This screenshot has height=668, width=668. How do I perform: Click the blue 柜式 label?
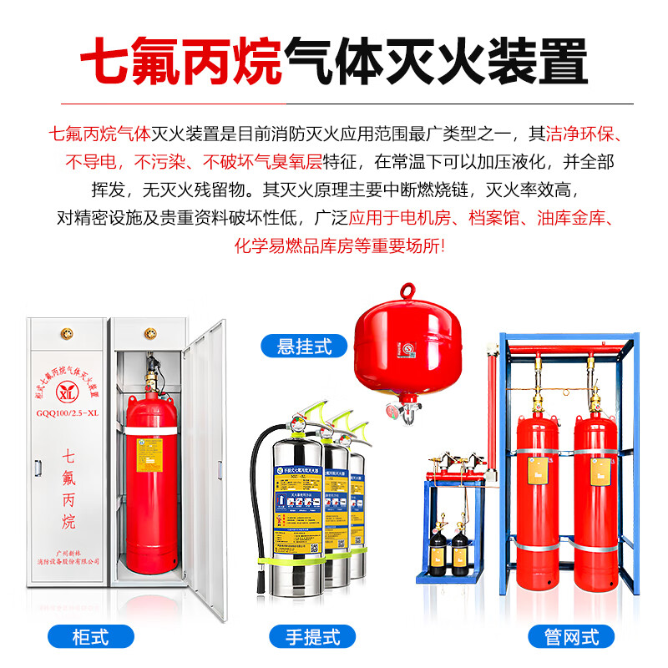89,637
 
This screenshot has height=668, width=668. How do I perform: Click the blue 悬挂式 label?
304,346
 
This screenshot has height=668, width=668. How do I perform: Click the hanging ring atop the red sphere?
407,291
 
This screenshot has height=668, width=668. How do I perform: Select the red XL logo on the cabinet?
69,389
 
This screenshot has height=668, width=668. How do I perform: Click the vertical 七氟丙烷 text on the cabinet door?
69,488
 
